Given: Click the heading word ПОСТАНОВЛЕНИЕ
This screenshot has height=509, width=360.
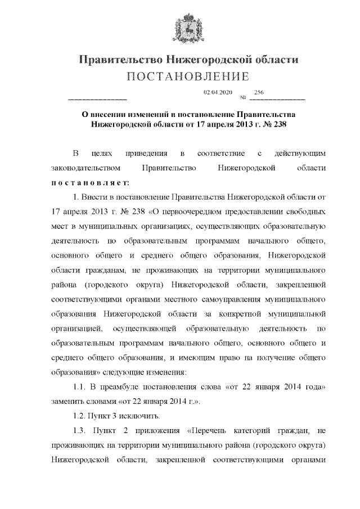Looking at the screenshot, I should (x=186, y=76).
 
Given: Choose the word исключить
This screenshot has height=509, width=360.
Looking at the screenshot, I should (x=141, y=416).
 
